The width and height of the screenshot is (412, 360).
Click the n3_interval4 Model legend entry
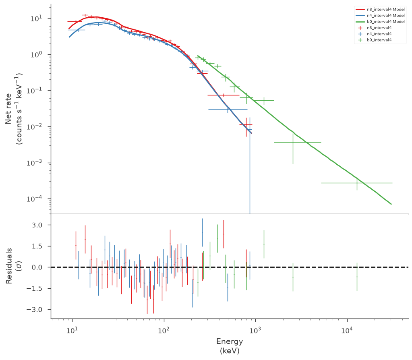[380, 9]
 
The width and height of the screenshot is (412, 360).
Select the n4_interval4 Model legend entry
[380, 16]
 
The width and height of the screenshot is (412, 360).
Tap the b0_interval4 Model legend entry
[380, 22]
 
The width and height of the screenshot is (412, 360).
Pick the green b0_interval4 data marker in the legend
[360, 40]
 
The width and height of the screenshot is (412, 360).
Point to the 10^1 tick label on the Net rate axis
[37, 19]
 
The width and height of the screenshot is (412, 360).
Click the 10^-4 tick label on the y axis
[34, 199]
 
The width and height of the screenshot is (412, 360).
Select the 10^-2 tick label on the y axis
[34, 127]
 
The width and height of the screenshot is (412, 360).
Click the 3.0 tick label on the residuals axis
[37, 225]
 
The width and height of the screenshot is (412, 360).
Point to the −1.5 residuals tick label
[34, 289]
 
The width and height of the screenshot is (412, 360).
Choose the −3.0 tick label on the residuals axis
[34, 310]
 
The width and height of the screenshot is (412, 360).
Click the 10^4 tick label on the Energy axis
[347, 330]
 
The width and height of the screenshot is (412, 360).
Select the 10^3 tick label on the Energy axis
[255, 330]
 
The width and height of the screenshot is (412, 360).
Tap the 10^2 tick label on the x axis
[164, 330]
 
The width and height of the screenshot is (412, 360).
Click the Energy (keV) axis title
[230, 346]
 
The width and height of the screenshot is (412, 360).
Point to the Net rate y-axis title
[14, 109]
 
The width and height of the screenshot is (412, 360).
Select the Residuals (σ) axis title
[14, 266]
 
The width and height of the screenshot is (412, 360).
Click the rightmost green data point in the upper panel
[357, 183]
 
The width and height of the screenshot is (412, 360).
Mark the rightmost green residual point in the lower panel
[357, 277]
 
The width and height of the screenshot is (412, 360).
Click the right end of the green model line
[391, 204]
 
